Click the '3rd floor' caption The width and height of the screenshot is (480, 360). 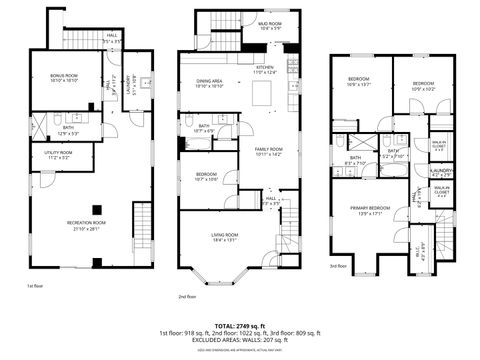pos(340,267)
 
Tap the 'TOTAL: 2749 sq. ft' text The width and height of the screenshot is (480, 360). pos(240,325)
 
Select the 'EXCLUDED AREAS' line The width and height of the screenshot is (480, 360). pos(240,341)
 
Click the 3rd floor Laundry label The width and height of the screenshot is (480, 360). pos(425,172)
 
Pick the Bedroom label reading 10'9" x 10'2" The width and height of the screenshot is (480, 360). pos(423,84)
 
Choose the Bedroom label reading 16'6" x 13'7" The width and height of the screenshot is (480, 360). pos(359,81)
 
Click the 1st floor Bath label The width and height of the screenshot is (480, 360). pos(67,129)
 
